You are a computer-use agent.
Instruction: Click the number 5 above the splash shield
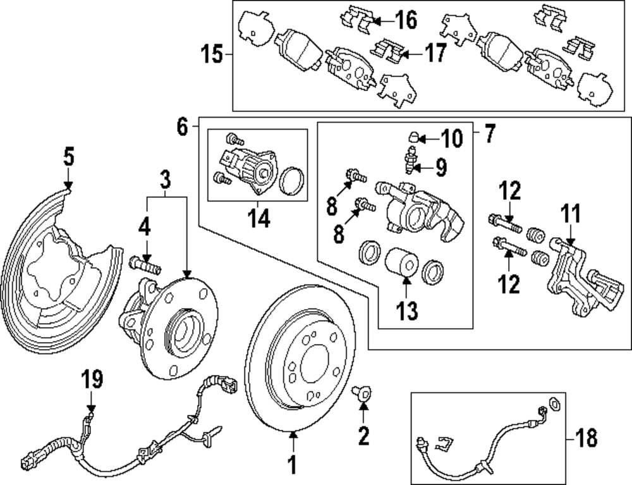pos(68,155)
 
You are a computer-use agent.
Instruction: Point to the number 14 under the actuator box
pos(259,219)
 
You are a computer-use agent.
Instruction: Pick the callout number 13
pos(408,310)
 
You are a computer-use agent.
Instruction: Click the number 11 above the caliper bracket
pos(571,214)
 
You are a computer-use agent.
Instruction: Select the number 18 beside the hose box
pos(586,437)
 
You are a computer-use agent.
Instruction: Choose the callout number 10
pos(451,137)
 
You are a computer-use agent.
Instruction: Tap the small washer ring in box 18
pos(553,403)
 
